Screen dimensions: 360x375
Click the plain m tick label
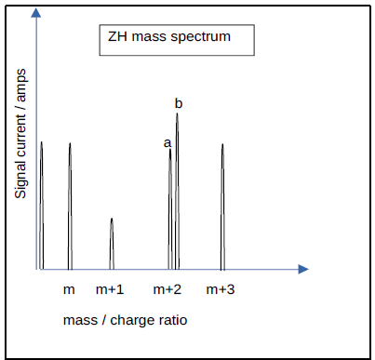[x=69, y=289]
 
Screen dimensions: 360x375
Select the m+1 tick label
[x=110, y=289]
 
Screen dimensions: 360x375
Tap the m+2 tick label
[x=167, y=289]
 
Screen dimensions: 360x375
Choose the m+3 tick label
[x=221, y=289]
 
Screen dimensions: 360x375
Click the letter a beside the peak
[x=167, y=142]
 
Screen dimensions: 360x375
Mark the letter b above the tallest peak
[x=178, y=102]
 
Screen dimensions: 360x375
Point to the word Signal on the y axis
[x=20, y=174]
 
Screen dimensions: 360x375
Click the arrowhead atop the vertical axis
[x=34, y=13]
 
